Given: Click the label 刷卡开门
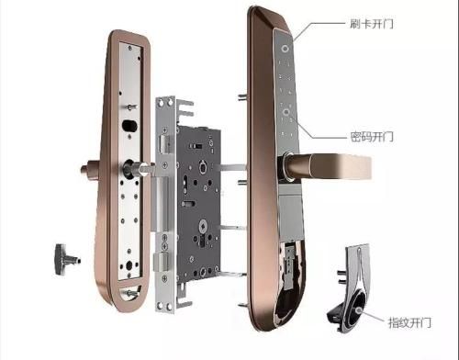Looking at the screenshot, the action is click(x=372, y=24).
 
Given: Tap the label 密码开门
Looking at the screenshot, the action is click(x=372, y=137).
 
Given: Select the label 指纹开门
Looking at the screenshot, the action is click(x=409, y=322).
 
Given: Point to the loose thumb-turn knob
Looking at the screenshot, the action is click(x=67, y=260).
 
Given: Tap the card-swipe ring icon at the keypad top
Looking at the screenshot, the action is click(x=285, y=49).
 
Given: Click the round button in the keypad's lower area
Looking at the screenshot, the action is click(x=286, y=112).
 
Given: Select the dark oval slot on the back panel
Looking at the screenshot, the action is click(x=129, y=126).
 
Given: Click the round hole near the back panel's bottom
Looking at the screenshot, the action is click(x=129, y=265).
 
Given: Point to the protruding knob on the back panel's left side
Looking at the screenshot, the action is click(x=89, y=169).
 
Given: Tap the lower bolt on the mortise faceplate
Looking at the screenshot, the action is click(x=162, y=262).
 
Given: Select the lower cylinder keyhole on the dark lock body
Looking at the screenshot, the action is click(x=203, y=228).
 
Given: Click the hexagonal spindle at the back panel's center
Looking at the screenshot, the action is click(x=144, y=168).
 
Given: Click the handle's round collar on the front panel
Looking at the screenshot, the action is click(x=286, y=166).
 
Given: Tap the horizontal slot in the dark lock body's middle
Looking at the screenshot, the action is click(x=189, y=203).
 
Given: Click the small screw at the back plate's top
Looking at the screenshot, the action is click(x=130, y=48).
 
